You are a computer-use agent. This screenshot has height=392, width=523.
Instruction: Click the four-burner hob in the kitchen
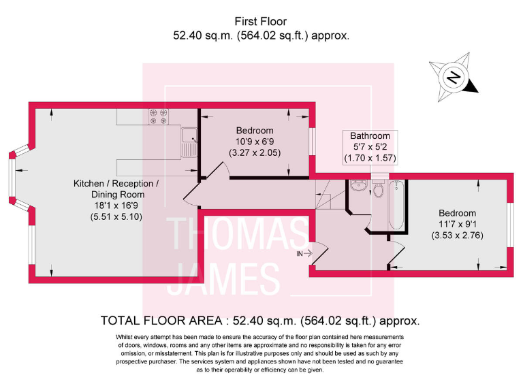(x=158, y=118)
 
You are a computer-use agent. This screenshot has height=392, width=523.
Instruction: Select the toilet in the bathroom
(x=379, y=191)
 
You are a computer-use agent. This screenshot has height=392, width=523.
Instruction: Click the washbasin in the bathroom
(x=358, y=186)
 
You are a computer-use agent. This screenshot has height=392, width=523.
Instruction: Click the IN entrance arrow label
(x=303, y=253)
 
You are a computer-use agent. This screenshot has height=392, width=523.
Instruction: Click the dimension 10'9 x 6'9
(x=255, y=142)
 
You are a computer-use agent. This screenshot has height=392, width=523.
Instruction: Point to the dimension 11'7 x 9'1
(x=457, y=224)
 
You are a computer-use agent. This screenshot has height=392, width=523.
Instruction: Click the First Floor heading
(x=261, y=22)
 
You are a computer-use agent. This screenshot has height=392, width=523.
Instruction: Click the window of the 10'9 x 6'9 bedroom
(x=313, y=142)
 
